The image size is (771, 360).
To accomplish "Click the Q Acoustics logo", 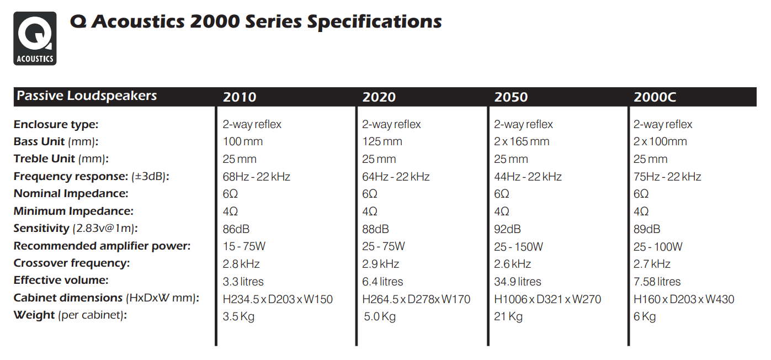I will point(35,38).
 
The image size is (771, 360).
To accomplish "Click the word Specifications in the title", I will point(374,22).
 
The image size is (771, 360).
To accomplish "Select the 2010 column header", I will point(240,97).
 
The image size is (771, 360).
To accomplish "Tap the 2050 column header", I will point(511,97).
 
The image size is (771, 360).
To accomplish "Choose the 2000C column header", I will point(655,97).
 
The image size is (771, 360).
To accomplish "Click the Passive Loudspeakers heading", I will point(87,96).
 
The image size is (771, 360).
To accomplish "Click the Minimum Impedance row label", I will point(73,211).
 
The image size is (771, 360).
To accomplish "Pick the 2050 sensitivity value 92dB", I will point(507,229).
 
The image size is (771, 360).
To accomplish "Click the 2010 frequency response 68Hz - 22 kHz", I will point(256,177).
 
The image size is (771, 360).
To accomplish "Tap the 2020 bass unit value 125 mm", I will point(382,142).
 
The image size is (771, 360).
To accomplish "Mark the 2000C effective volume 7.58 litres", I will point(657,282).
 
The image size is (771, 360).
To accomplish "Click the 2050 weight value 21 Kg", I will point(508,317).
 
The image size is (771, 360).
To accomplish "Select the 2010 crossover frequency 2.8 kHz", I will point(241,264).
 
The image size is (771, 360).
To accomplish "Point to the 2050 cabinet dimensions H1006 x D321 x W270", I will point(547,299).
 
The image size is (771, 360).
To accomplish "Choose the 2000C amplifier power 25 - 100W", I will point(658,246).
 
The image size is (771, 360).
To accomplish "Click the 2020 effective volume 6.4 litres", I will point(382,282).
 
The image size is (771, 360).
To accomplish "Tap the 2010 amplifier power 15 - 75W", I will point(244,246).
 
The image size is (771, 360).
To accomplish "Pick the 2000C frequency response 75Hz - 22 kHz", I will point(667,177).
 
